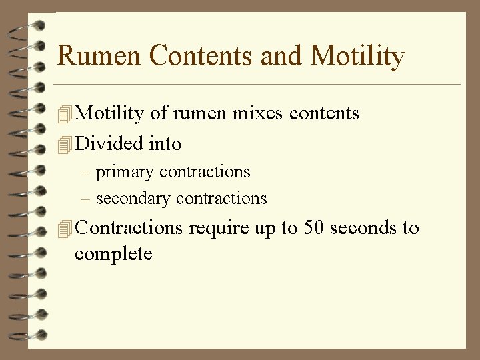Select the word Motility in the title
point(357,55)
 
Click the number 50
point(313,227)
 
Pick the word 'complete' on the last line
point(113,254)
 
